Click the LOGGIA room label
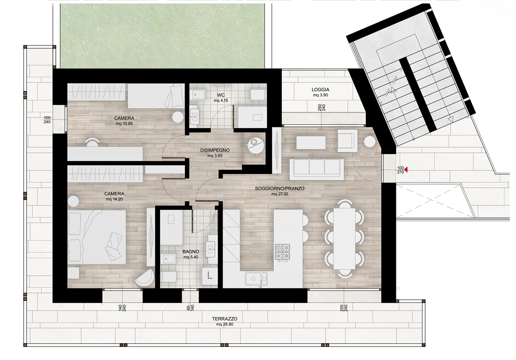point(320,90)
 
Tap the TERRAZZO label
point(224,319)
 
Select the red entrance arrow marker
point(406,170)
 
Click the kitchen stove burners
point(283,253)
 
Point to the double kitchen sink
point(256,279)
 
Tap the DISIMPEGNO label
point(215,150)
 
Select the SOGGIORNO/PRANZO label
point(280,189)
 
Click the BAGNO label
point(191,251)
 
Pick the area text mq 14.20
point(114,199)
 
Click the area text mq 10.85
point(124,124)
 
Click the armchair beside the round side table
point(347,141)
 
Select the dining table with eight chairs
point(344,238)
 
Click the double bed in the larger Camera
point(97,237)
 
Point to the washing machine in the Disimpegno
point(255,145)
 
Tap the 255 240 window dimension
point(344,308)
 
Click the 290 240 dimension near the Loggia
point(321,107)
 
